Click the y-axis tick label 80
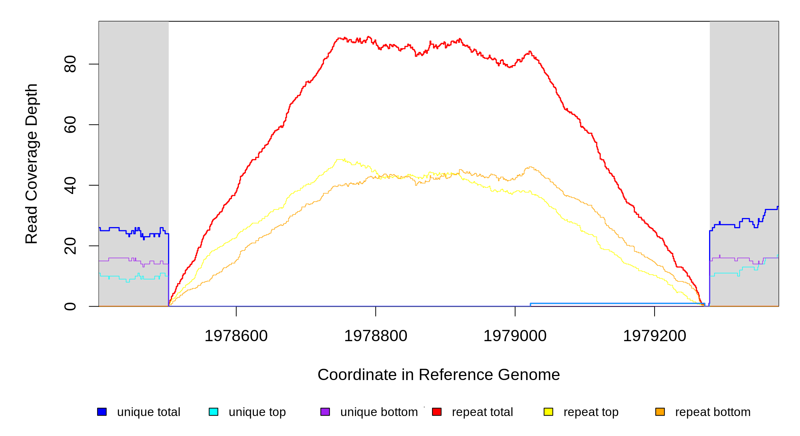coord(70,64)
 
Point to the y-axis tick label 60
coord(70,125)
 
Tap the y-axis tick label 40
coord(70,185)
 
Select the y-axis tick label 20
coord(70,246)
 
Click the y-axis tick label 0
coord(70,306)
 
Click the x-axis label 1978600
coord(236,336)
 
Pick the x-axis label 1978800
coord(376,336)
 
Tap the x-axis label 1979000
coord(515,336)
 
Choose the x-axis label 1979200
coord(655,336)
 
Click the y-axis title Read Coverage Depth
coord(32,163)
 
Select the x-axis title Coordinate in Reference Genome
coord(439,375)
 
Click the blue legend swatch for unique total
coord(102,412)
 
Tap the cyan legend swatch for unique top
coord(213,412)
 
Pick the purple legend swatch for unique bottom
coord(325,412)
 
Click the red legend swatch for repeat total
coord(437,412)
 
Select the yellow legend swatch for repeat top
coord(548,412)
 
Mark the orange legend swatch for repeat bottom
coord(660,412)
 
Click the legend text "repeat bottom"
coord(713,412)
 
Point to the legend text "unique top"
coord(257,412)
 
